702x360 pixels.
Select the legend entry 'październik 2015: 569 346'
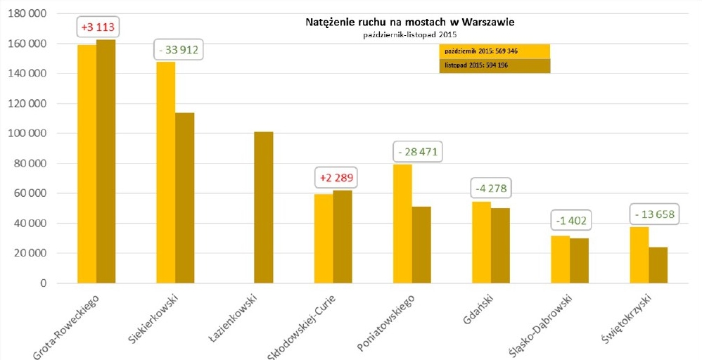coord(494,51)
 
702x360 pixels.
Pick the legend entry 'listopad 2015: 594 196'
coord(494,65)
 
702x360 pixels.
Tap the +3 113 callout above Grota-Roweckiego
coord(96,27)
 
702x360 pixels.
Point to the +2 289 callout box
coord(334,176)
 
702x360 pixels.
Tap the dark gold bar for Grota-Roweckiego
coord(106,162)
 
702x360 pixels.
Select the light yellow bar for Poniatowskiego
coord(402,224)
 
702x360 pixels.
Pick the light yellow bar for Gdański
coord(481,243)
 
